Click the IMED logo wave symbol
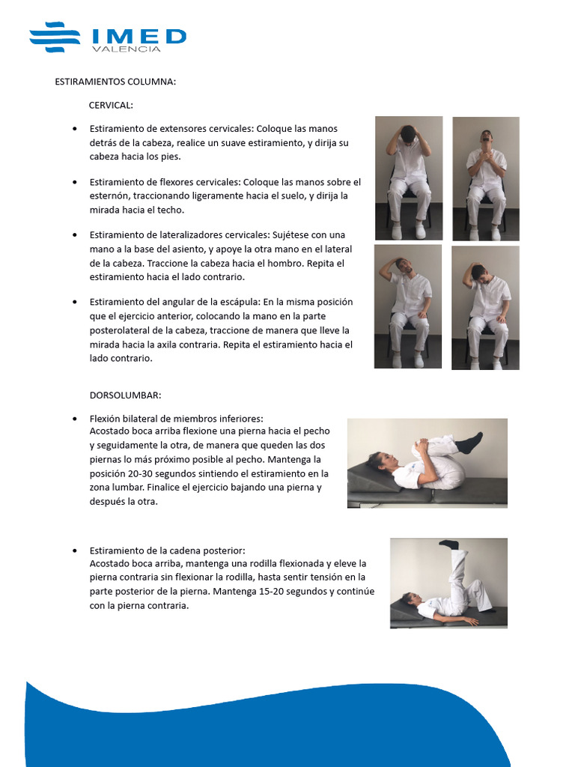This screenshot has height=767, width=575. pyautogui.click(x=55, y=37)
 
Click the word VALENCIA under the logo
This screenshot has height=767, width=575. pyautogui.click(x=126, y=49)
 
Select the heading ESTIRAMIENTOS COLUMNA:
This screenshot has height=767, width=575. pyautogui.click(x=115, y=82)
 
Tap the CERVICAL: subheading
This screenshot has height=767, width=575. pyautogui.click(x=111, y=105)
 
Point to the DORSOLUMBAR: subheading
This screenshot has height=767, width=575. pyautogui.click(x=125, y=395)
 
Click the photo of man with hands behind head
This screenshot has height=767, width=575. pyautogui.click(x=409, y=178)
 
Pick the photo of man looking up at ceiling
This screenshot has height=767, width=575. pyautogui.click(x=485, y=178)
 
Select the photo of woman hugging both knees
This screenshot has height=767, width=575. pyautogui.click(x=428, y=463)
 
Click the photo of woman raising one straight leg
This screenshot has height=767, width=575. pyautogui.click(x=449, y=583)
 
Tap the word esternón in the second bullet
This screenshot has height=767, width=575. pyautogui.click(x=109, y=196)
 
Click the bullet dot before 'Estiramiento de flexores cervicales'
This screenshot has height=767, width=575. pyautogui.click(x=75, y=182)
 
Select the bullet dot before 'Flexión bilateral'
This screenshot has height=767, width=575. pyautogui.click(x=75, y=419)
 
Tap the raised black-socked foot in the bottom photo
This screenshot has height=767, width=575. pyautogui.click(x=449, y=545)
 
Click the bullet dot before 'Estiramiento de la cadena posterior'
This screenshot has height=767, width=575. pyautogui.click(x=75, y=551)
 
